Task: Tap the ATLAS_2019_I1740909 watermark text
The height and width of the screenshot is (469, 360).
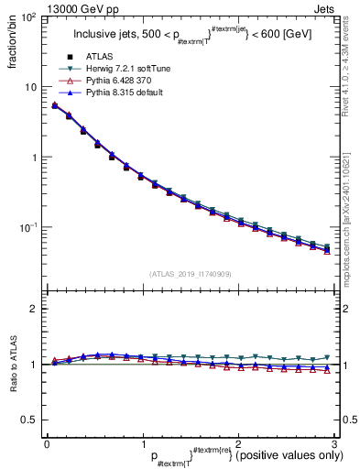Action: click(x=190, y=274)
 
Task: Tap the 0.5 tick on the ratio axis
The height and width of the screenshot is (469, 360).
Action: click(x=28, y=420)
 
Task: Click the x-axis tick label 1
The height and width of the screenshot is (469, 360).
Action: click(x=141, y=443)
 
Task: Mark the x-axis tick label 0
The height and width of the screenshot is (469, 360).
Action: click(x=46, y=443)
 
